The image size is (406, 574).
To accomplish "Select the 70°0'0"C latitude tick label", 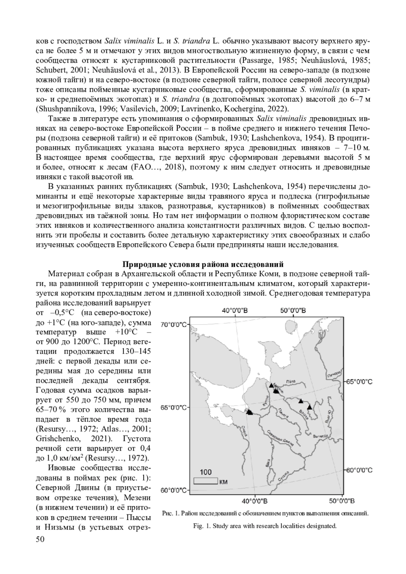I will pyautogui.click(x=173, y=325).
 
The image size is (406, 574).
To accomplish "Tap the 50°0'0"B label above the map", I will pyautogui.click(x=293, y=310).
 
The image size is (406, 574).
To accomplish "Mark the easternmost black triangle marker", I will pyautogui.click(x=309, y=407).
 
